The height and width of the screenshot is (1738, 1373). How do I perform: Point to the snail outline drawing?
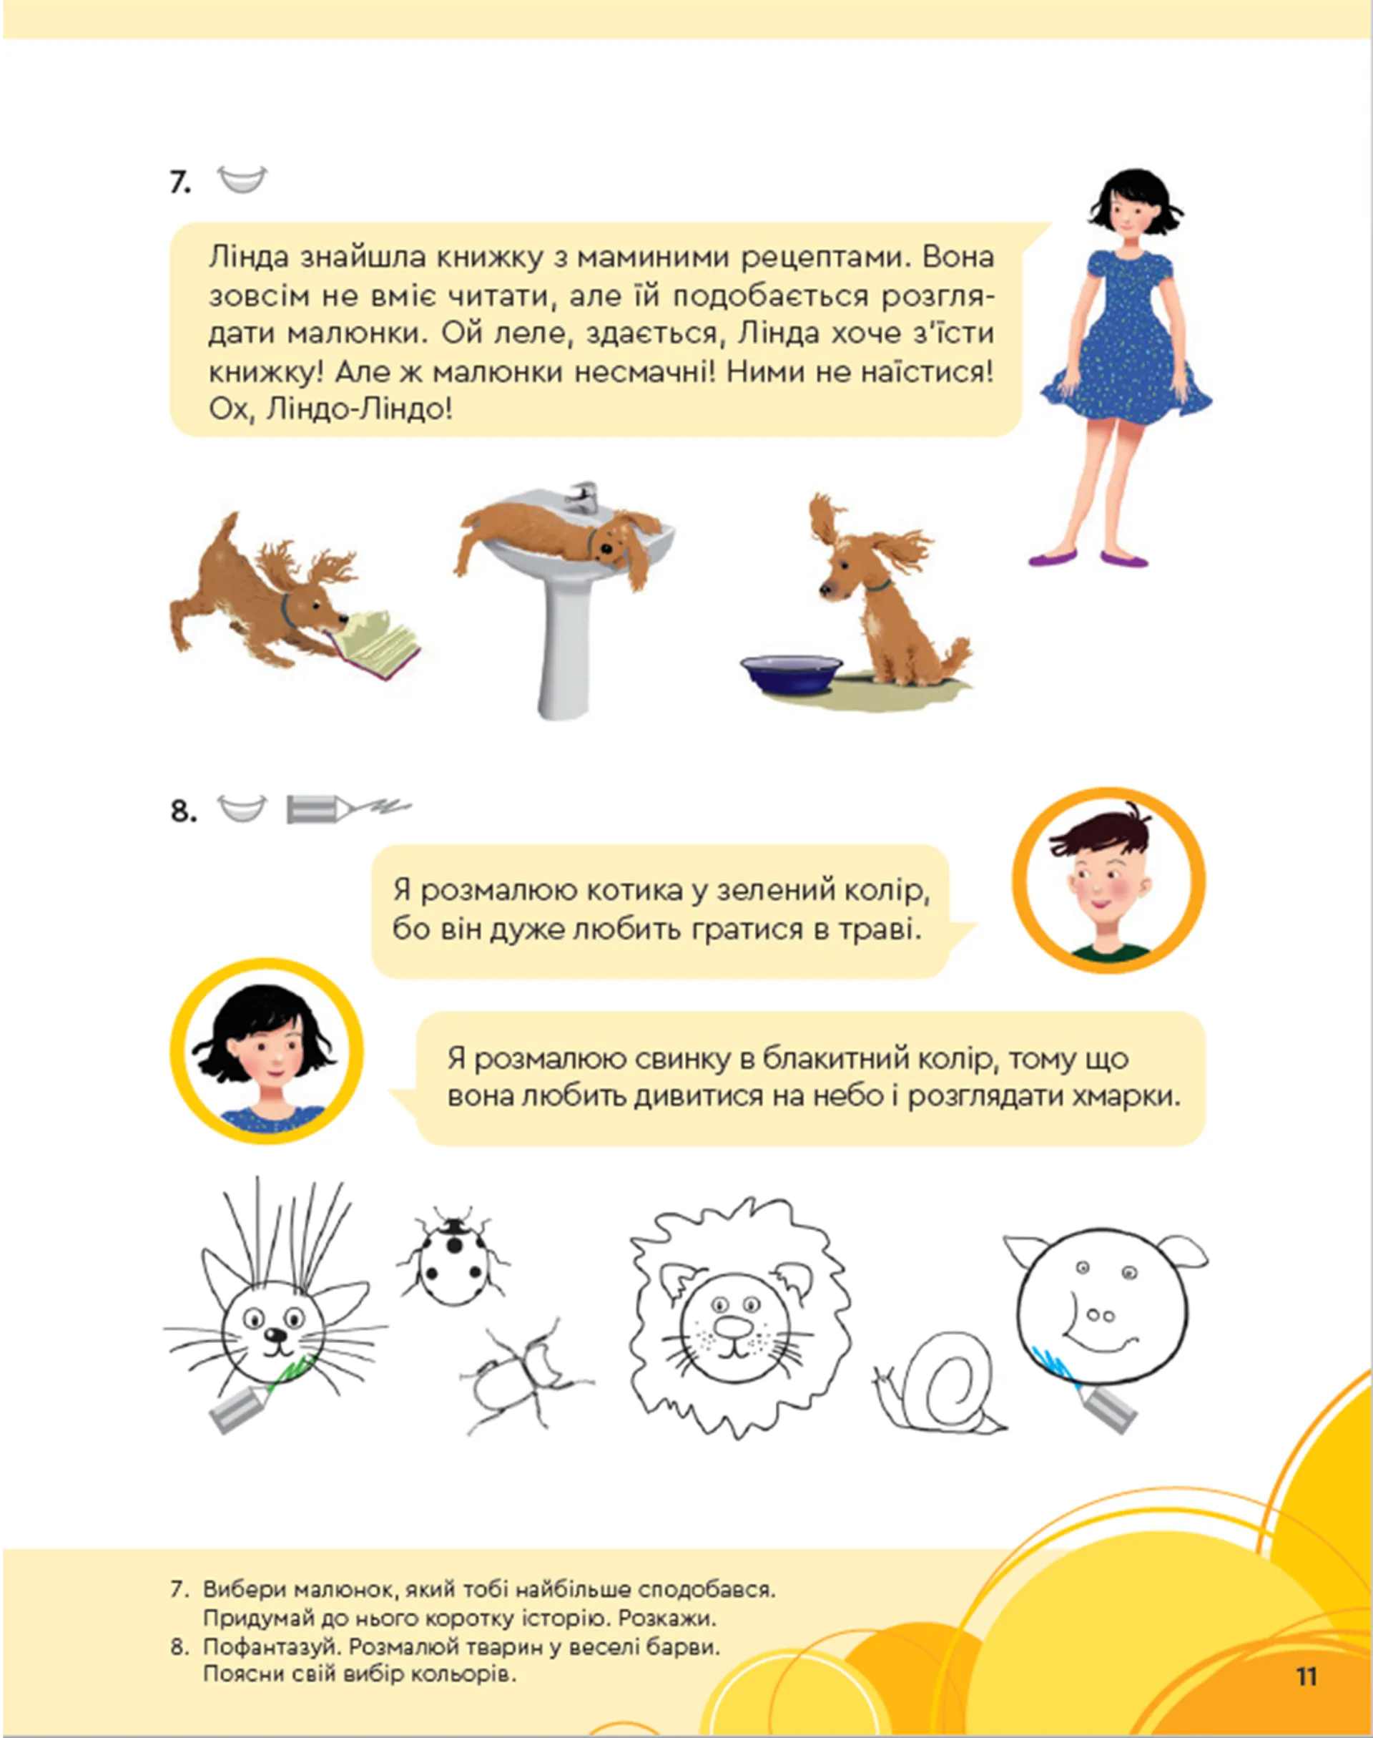(x=942, y=1387)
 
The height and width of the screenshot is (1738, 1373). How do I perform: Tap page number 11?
(x=1306, y=1676)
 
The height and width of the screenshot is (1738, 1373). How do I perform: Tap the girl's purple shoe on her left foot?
(x=1124, y=558)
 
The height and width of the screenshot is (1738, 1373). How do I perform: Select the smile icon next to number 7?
(x=242, y=180)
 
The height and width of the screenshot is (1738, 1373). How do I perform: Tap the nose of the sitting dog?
(x=825, y=590)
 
